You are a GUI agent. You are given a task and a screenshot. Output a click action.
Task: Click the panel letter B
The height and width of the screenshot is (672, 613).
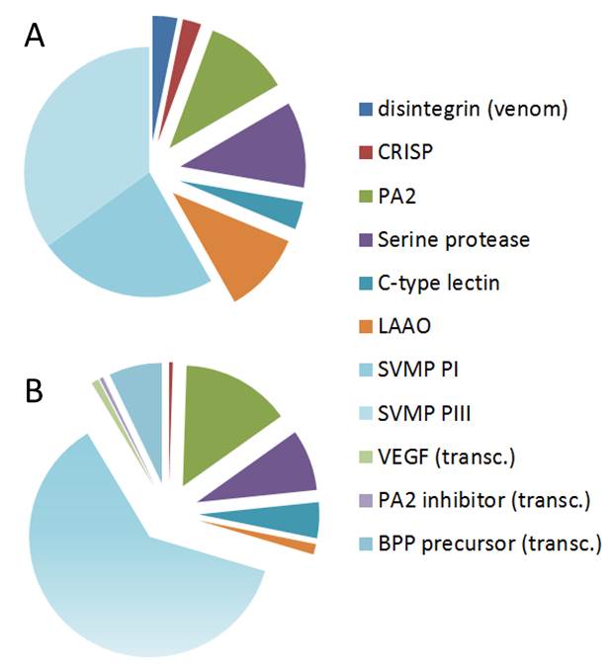click(x=33, y=391)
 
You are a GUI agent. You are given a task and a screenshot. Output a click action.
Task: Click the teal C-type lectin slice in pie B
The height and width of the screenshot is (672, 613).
click(x=297, y=519)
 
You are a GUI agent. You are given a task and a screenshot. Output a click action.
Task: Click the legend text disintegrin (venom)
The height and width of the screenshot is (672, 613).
click(x=473, y=109)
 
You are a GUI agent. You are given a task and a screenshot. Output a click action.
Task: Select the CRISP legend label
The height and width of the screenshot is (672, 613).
click(x=404, y=152)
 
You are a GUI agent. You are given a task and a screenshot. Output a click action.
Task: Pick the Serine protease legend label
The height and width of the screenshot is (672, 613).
click(x=454, y=239)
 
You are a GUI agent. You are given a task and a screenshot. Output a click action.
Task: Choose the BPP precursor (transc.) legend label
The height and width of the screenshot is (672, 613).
click(x=488, y=543)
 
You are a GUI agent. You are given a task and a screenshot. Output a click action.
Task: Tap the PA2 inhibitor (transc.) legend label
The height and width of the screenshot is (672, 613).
click(x=483, y=500)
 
